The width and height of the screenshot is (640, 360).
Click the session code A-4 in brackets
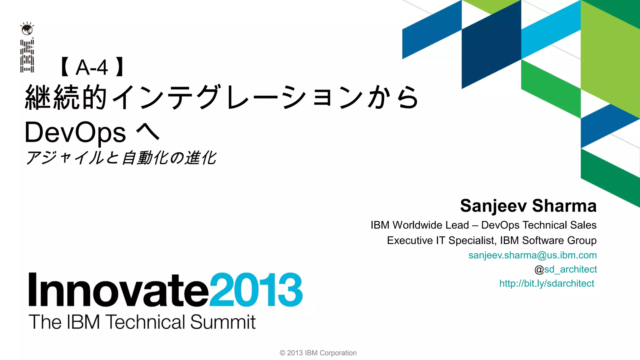(92, 67)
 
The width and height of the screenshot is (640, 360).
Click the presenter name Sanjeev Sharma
(528, 206)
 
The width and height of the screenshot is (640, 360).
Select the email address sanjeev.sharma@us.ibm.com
(532, 255)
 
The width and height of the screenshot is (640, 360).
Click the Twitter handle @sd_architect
(566, 269)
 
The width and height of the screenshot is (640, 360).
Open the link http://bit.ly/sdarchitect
(547, 283)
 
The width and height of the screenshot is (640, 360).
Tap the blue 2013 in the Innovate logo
(256, 290)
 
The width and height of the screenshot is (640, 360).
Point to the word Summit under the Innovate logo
(223, 322)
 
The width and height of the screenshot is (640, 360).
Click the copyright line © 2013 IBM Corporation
(318, 353)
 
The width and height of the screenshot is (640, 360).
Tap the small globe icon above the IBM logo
(27, 29)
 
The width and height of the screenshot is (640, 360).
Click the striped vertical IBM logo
(27, 56)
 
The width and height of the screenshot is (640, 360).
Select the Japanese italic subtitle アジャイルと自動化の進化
(121, 158)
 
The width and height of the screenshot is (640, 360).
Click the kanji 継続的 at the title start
(66, 97)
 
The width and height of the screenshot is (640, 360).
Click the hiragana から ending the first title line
(392, 97)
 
